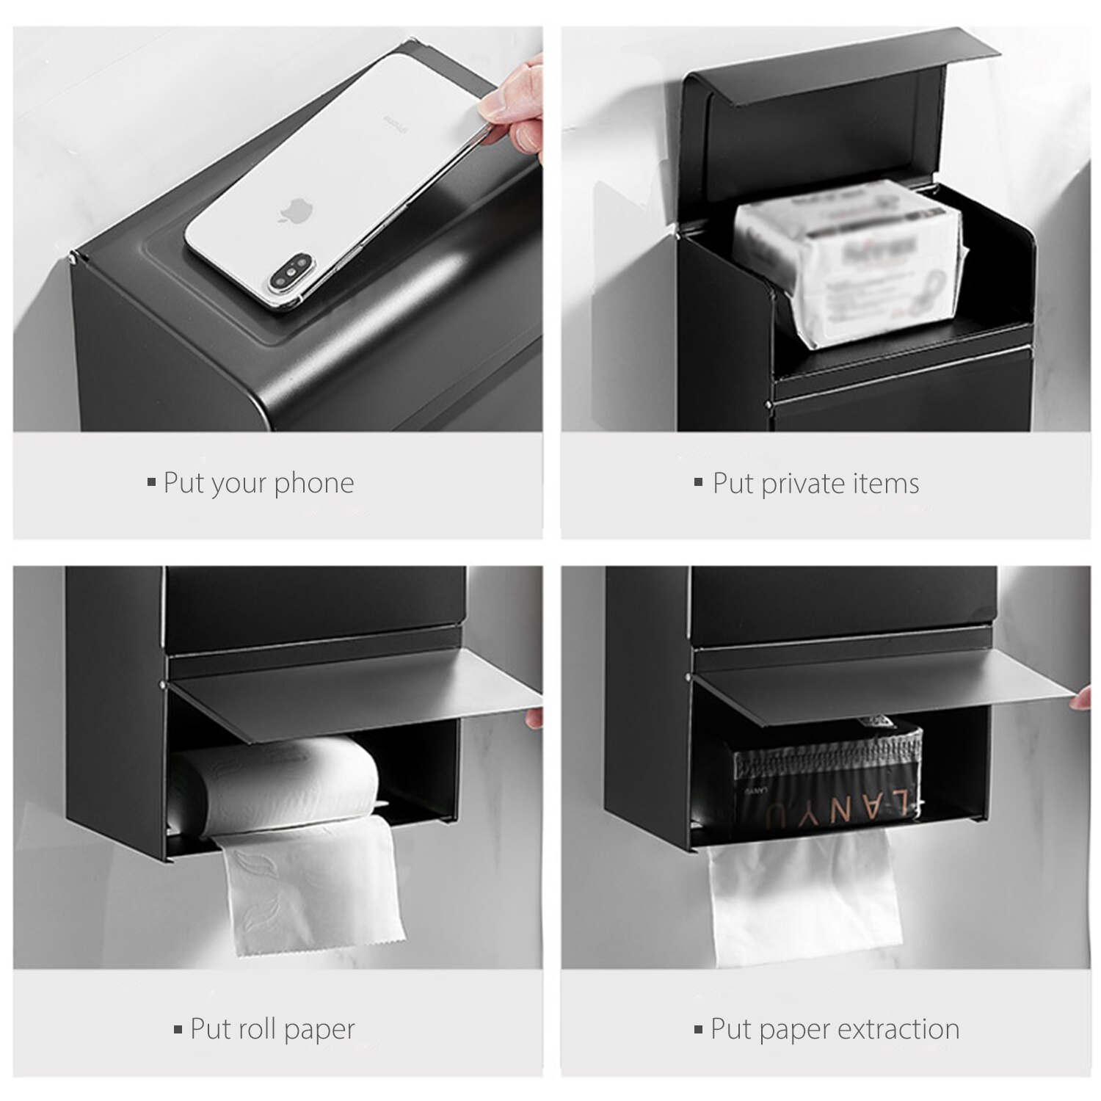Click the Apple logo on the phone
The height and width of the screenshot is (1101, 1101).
[293, 211]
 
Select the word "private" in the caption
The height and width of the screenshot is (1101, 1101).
[794, 484]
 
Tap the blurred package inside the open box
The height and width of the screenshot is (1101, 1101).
[851, 264]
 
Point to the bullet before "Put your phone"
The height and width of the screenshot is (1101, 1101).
[151, 482]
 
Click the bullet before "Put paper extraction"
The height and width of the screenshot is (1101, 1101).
[698, 1030]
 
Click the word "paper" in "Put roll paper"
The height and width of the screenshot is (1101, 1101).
[319, 1030]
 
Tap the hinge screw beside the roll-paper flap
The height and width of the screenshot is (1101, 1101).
[161, 684]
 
